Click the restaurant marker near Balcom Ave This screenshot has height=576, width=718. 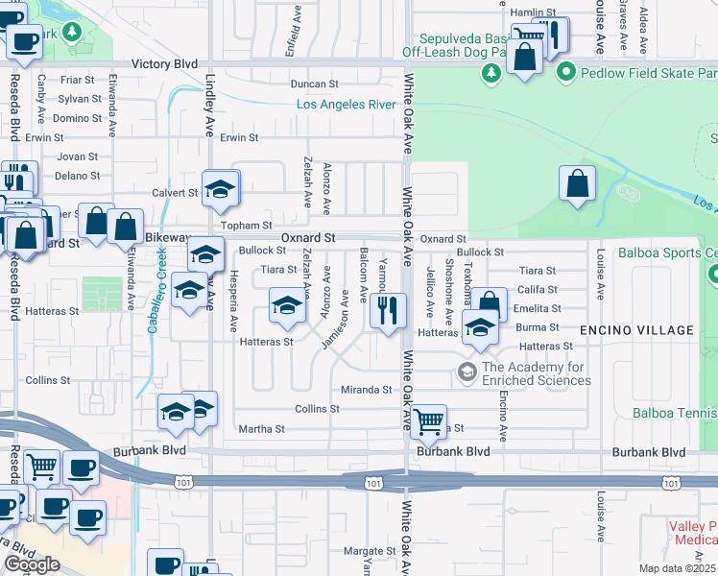pos(388,310)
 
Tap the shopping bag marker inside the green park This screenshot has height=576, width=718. pos(576,183)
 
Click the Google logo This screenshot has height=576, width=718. pos(32,564)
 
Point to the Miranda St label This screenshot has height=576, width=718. pos(367,390)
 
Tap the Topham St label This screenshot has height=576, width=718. pos(249,226)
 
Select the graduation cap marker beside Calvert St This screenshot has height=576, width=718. pos(221,187)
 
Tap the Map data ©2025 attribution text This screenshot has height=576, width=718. pos(678,568)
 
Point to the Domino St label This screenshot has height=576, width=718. pos(78,118)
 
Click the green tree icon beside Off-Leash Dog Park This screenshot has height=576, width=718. pos(491,72)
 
